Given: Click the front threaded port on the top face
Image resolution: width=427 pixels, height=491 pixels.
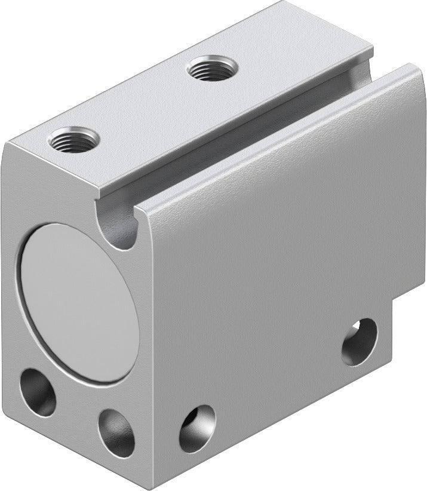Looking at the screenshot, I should [73, 140].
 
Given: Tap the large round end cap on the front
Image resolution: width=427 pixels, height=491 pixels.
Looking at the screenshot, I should [77, 303].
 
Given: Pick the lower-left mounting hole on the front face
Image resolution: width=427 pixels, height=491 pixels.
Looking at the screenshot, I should [38, 392].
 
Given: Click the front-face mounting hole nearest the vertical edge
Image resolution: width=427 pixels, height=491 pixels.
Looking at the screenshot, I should [116, 432].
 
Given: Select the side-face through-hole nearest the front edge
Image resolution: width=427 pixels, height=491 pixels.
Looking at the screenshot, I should [197, 428].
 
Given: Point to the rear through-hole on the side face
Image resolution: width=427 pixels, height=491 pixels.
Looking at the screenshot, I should [360, 342].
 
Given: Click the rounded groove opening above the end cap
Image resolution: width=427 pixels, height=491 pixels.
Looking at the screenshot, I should [122, 230].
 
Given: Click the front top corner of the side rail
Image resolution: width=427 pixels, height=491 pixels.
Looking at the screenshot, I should [143, 206].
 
